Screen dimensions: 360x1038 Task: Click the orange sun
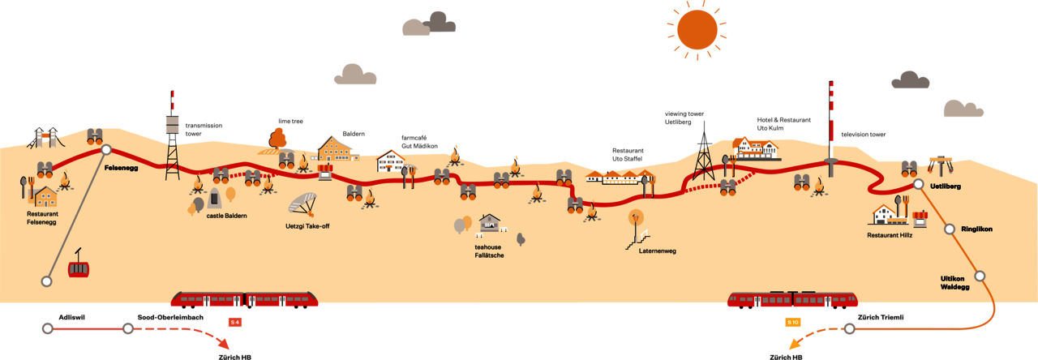(697, 29)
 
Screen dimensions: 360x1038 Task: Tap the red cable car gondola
(79, 268)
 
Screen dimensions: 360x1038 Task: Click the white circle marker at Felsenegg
(105, 149)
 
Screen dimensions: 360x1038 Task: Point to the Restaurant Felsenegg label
(41, 218)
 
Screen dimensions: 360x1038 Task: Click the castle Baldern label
(226, 216)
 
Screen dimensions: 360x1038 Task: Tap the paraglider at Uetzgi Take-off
(302, 203)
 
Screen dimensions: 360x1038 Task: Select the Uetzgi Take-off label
(307, 226)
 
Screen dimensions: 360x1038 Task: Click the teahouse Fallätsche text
(489, 251)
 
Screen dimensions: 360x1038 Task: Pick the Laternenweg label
(657, 251)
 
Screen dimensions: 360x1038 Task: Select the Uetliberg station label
(946, 186)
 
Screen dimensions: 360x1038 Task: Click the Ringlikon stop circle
(949, 229)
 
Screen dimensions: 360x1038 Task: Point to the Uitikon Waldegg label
(954, 282)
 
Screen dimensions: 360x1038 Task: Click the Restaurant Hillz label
(890, 235)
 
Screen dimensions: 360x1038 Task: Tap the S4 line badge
(235, 323)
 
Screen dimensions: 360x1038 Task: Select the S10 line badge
(793, 323)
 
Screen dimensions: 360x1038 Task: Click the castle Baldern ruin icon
(214, 198)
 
